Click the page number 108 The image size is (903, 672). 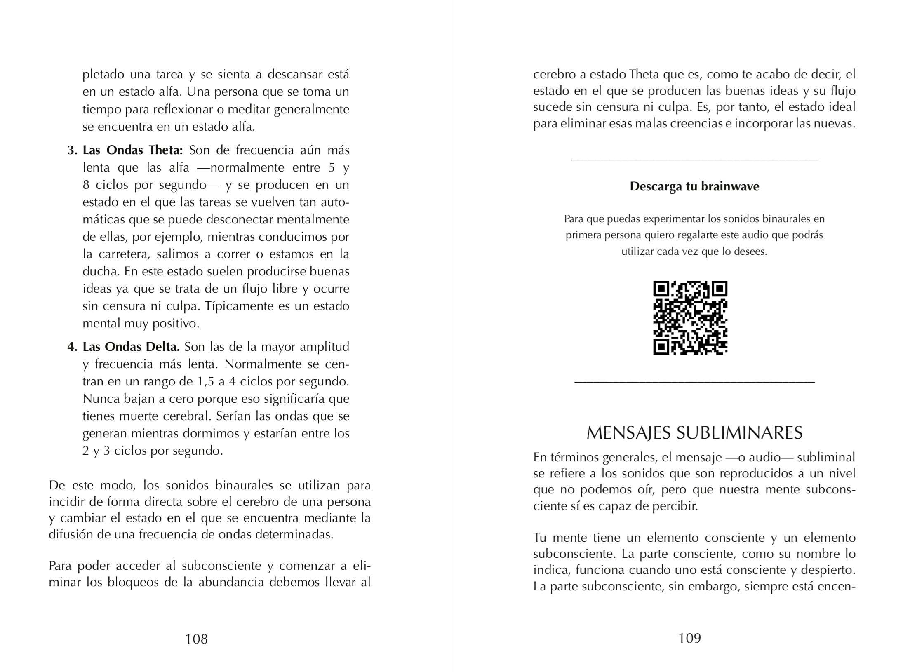coord(196,639)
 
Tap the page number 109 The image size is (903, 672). coord(689,638)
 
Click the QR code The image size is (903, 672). coord(690,318)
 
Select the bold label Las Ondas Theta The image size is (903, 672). coord(133,150)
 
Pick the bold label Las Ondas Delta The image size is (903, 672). coord(131,347)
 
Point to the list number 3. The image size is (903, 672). coord(72,150)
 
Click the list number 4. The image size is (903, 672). coord(72,347)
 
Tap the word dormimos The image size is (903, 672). coord(214,433)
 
